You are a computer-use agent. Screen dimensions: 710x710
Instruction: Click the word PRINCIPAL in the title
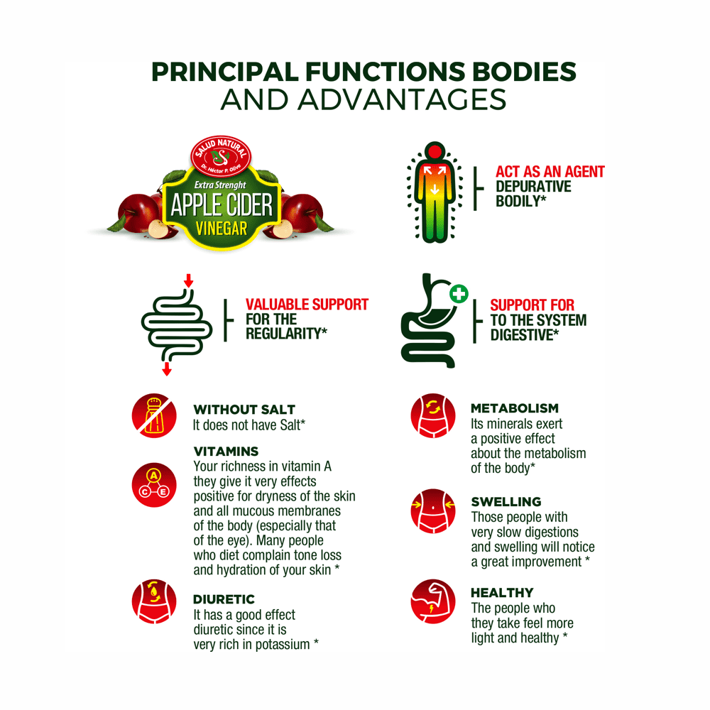(225, 72)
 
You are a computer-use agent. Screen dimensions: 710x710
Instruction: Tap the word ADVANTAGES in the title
(402, 99)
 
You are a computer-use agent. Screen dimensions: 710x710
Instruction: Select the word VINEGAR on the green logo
(222, 228)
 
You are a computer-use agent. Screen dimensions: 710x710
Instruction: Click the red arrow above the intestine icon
(188, 280)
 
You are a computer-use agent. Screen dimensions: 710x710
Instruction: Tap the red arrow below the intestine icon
(167, 368)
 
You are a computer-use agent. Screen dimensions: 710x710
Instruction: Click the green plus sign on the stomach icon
(459, 294)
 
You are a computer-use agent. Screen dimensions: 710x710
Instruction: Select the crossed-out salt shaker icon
(154, 415)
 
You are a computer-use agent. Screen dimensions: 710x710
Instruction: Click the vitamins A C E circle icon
(154, 484)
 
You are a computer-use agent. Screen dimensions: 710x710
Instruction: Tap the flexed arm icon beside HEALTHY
(433, 601)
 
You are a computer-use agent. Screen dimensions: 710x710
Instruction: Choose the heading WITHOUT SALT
(244, 410)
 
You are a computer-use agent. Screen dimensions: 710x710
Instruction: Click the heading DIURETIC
(224, 599)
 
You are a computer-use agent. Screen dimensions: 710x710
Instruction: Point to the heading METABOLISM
(514, 408)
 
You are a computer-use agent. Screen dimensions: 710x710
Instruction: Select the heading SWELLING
(506, 502)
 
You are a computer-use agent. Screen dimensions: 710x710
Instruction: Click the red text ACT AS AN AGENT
(550, 172)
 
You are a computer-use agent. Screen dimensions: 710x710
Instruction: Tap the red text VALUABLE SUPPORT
(307, 305)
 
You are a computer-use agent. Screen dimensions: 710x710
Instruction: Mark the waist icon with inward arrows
(433, 510)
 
